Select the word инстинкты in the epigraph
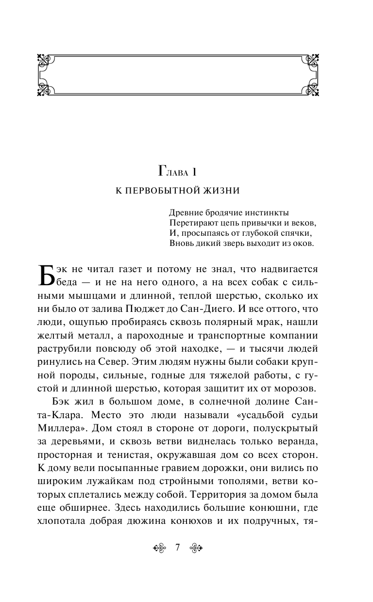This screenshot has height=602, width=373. tap(266, 213)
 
